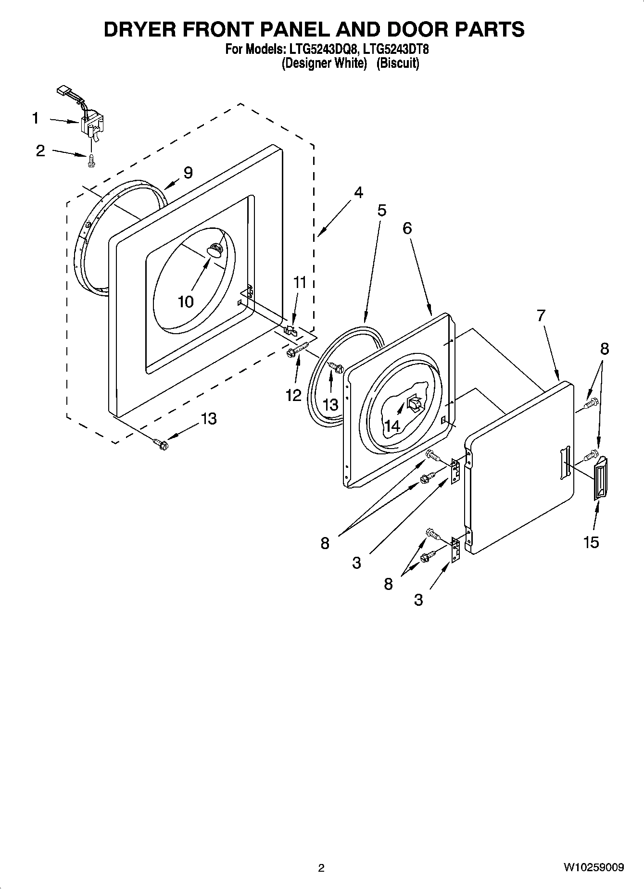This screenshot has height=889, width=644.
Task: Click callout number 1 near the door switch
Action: coord(35,118)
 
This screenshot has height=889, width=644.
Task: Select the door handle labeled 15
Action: coord(600,479)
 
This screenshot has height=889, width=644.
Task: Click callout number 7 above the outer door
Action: coord(541,316)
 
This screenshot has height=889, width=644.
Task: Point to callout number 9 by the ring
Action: coord(188,173)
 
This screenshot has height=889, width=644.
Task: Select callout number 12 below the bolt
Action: coord(293,395)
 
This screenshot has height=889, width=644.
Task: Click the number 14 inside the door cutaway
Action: coord(392,425)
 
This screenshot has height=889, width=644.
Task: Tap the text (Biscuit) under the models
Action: coord(397,63)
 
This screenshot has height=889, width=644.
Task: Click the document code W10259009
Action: coord(593,867)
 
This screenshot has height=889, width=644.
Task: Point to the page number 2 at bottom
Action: coord(321,868)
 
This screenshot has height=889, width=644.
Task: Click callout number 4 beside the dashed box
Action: coord(358,192)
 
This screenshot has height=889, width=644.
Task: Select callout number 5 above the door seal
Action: coord(381,210)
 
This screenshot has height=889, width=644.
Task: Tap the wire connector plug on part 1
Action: coord(63,90)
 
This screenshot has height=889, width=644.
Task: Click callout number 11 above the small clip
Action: coord(300,282)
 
